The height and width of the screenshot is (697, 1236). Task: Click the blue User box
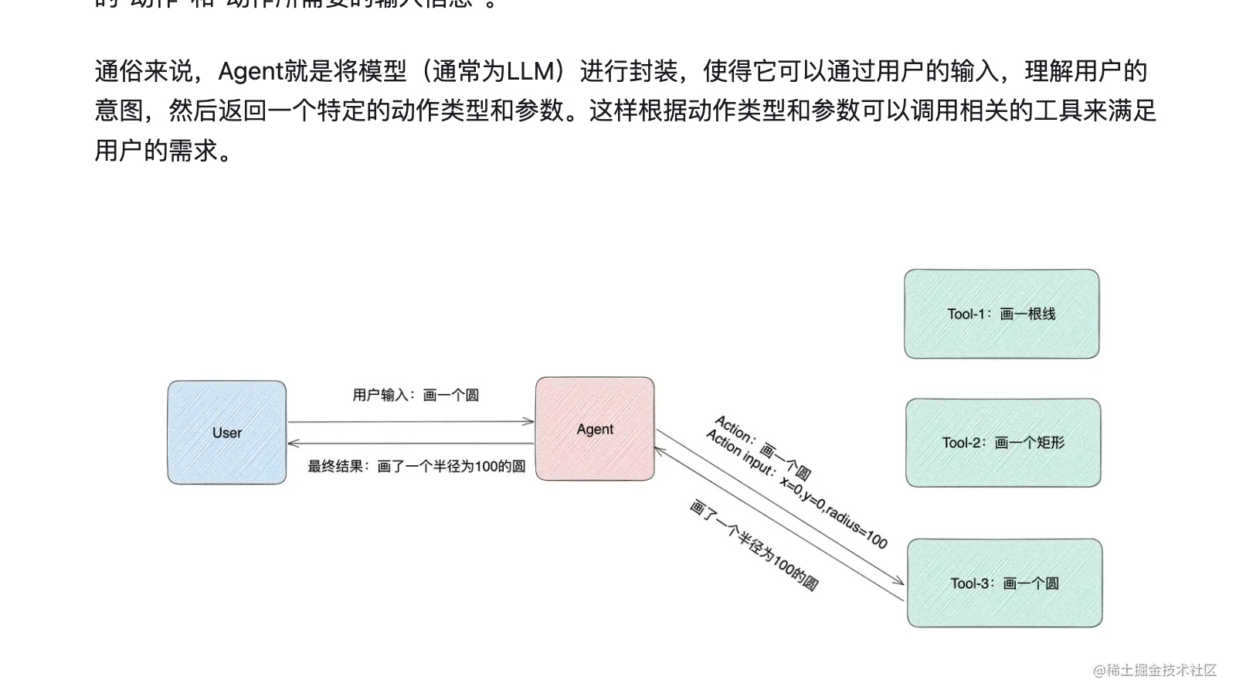(226, 432)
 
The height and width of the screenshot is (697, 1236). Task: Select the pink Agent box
(595, 429)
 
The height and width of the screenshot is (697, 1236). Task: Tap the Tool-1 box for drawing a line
(1001, 314)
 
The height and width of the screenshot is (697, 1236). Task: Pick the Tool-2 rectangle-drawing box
(1003, 443)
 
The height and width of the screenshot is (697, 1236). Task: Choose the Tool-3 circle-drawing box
(1004, 583)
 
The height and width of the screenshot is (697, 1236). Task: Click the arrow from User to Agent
(410, 422)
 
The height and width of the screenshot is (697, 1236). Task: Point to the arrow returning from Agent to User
(410, 444)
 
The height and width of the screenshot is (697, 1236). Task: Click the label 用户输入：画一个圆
(416, 395)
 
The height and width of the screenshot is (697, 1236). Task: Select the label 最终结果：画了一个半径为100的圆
(416, 466)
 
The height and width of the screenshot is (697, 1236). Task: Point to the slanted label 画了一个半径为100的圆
(753, 546)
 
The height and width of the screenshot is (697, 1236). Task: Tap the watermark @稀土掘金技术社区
(1155, 670)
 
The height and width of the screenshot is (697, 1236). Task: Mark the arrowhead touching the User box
(293, 444)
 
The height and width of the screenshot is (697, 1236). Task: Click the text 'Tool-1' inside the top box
(966, 314)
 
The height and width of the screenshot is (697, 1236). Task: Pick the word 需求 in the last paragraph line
(193, 150)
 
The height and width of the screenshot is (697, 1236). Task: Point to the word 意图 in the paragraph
(119, 110)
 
